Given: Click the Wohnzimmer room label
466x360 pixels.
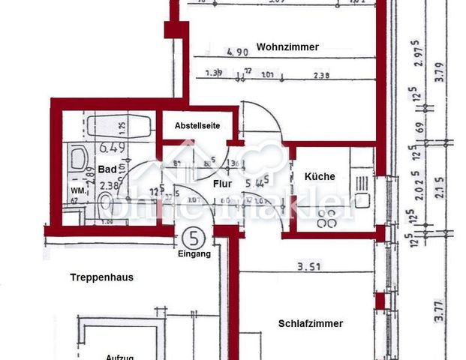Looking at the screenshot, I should point(287,46).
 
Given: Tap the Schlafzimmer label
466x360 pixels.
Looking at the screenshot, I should point(310,324).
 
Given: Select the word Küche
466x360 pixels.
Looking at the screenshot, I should point(320,177).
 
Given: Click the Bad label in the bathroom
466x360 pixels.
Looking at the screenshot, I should point(107,170).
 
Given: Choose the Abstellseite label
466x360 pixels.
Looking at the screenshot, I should point(197,126).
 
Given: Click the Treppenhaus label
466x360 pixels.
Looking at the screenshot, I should point(101,277).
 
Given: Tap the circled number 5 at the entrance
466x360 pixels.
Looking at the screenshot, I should point(194,239).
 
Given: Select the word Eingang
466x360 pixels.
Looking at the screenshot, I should point(194,254).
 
